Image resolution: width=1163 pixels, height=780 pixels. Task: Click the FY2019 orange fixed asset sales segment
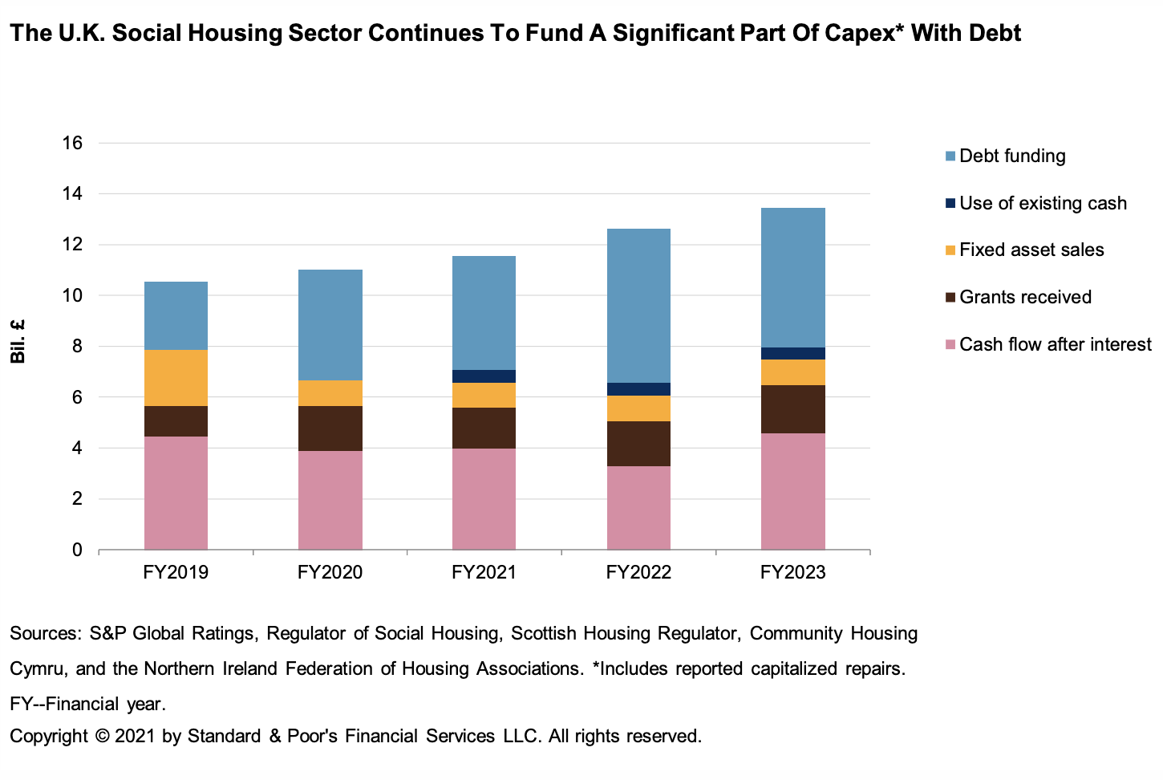click(176, 378)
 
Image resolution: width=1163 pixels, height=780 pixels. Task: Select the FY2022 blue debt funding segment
click(638, 306)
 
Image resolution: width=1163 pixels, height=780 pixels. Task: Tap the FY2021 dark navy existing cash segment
click(484, 376)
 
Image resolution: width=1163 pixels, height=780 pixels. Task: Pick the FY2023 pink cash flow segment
click(792, 491)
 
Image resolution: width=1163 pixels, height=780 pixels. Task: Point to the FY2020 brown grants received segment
click(330, 429)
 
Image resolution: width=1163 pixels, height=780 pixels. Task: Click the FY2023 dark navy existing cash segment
click(792, 353)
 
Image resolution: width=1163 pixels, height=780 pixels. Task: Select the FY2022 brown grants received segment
click(638, 444)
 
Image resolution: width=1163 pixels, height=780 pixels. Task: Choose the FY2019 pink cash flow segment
click(176, 493)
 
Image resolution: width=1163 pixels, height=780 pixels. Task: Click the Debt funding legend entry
click(1012, 156)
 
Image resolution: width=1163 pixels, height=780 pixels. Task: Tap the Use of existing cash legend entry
click(1043, 203)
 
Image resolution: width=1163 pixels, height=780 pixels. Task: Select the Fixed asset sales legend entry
click(1031, 250)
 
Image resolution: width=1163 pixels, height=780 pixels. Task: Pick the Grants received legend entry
click(1025, 297)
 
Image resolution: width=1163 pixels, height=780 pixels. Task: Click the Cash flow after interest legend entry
click(1055, 344)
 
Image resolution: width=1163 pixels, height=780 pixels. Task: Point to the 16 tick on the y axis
click(72, 143)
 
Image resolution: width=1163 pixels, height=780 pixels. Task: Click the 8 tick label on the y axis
click(77, 347)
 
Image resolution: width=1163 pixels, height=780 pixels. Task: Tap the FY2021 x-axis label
click(484, 572)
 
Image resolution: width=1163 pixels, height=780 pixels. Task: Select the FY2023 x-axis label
click(792, 572)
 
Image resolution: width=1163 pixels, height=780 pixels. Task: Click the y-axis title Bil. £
click(18, 341)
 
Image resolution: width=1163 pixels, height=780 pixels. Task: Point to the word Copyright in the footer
click(48, 736)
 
